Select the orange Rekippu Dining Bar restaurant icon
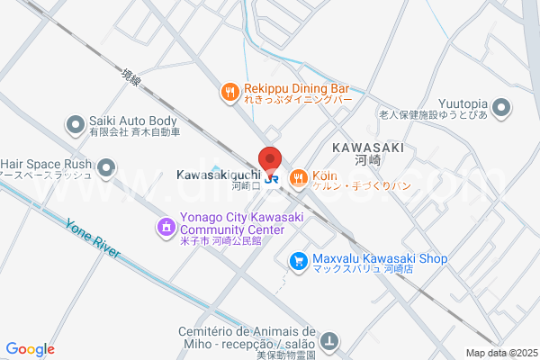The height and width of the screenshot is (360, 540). coord(230,91)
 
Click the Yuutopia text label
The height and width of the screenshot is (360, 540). coord(465,103)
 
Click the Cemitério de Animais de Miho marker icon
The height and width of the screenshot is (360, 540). coord(331,341)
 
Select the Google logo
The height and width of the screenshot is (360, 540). coord(31,349)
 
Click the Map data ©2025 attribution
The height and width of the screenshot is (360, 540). coord(500,353)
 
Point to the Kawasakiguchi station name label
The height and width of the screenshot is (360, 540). coord(219,173)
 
